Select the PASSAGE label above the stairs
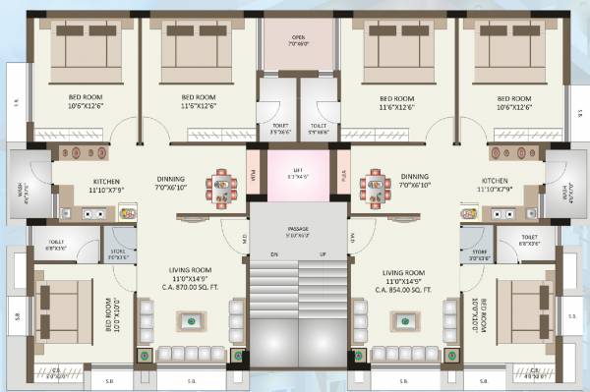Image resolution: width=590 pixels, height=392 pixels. pyautogui.click(x=297, y=228)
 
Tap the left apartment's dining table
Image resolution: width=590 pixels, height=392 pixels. pyautogui.click(x=221, y=186)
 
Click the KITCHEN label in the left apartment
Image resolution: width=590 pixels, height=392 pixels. pyautogui.click(x=106, y=181)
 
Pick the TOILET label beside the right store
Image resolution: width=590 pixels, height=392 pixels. pyautogui.click(x=531, y=238)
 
